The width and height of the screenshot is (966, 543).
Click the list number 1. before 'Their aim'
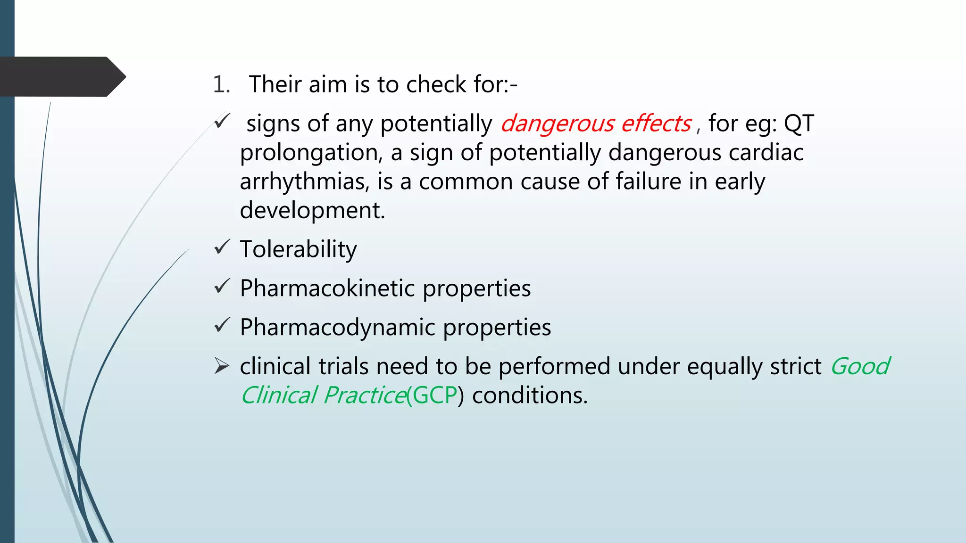click(x=221, y=84)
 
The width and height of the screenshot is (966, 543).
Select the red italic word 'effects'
click(x=656, y=123)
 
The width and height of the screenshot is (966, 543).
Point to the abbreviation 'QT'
click(x=799, y=123)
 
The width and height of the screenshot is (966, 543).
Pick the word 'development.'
click(x=312, y=210)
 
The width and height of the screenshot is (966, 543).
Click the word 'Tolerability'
click(x=298, y=249)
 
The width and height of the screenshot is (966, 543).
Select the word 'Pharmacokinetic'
click(x=327, y=288)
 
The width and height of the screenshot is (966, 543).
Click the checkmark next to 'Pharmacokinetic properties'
click(x=222, y=286)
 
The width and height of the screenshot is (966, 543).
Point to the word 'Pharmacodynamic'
click(x=337, y=327)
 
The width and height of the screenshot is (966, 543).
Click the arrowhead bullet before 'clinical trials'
click(x=222, y=366)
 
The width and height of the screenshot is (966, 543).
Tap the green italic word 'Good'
click(x=860, y=366)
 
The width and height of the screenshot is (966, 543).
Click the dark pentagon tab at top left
click(x=61, y=76)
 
